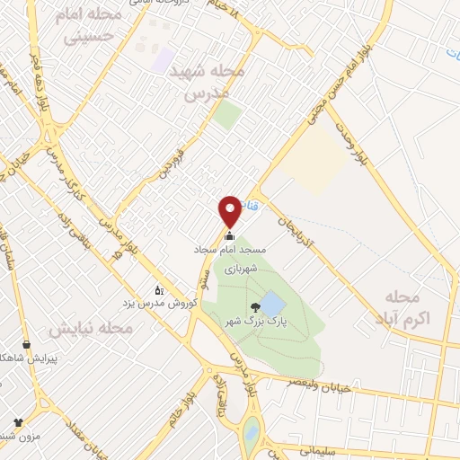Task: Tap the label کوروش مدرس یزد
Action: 158,303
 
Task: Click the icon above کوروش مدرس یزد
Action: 159,290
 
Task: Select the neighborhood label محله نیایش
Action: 91,328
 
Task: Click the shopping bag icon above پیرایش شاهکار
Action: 26,344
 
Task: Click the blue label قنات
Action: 252,206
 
